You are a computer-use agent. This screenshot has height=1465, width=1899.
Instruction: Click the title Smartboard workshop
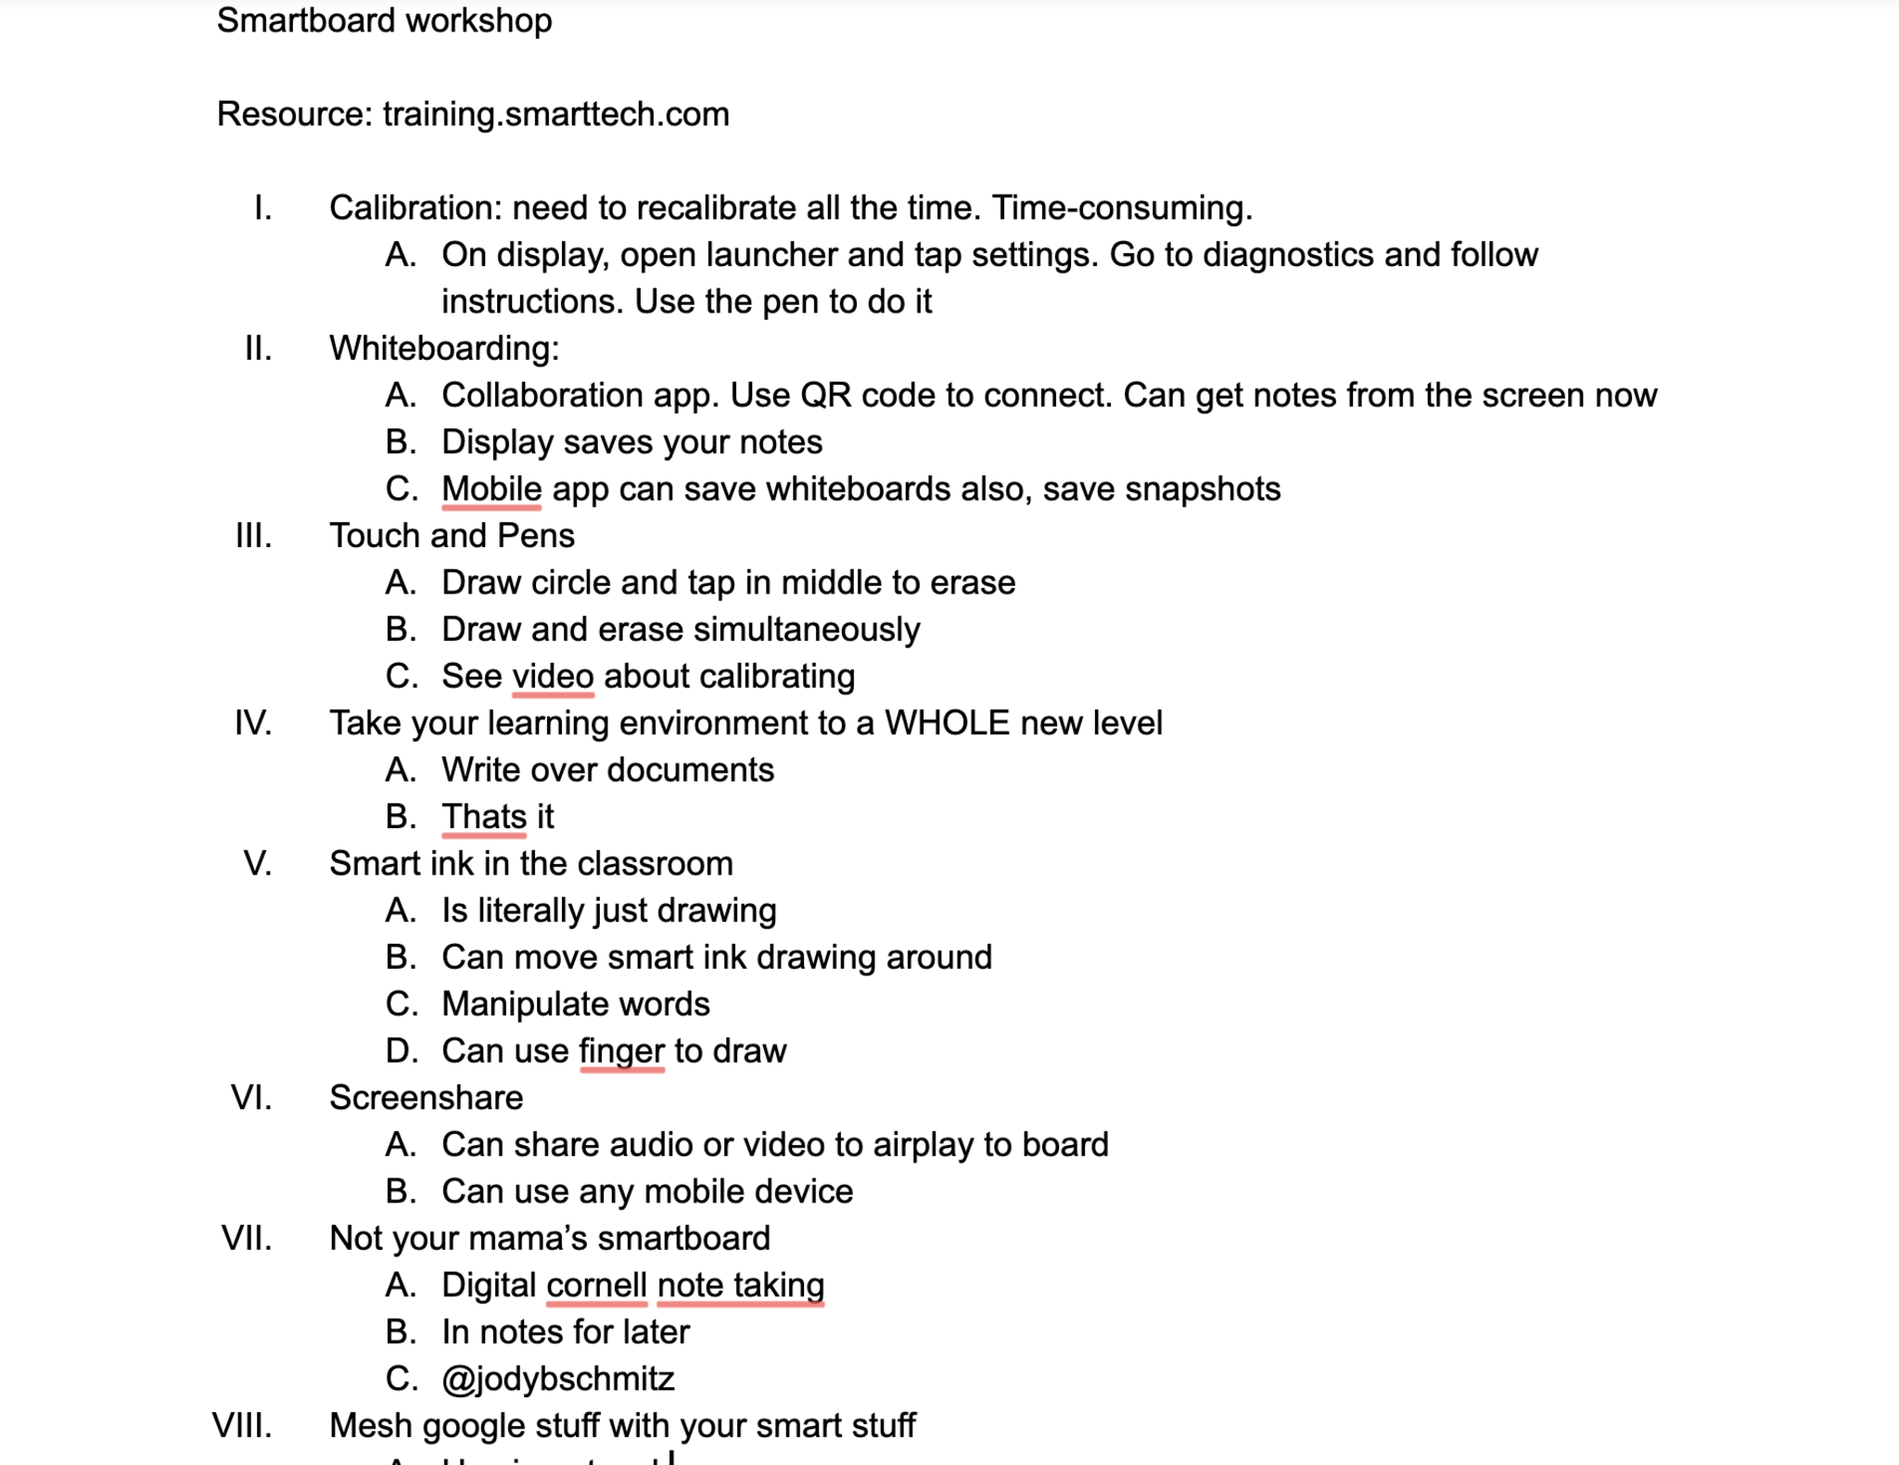point(384,20)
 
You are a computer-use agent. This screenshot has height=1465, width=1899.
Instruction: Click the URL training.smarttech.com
point(555,114)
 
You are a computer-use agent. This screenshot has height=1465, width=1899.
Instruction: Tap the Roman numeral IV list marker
point(253,723)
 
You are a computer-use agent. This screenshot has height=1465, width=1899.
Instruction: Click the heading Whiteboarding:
point(444,349)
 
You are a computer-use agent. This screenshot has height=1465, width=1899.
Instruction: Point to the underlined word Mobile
point(491,489)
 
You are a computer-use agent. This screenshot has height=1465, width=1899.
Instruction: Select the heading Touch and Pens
point(452,536)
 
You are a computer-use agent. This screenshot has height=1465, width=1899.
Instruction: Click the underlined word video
point(553,676)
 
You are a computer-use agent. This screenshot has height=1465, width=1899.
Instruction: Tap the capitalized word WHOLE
point(946,723)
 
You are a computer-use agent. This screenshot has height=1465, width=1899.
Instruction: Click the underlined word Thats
point(484,817)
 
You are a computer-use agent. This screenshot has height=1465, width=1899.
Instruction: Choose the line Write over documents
point(607,770)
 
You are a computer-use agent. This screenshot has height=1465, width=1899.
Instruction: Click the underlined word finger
point(621,1051)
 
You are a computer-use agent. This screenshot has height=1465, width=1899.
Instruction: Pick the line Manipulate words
point(575,1004)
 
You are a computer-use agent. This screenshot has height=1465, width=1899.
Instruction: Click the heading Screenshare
point(426,1098)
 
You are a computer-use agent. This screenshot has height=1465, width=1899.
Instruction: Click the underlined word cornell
point(596,1285)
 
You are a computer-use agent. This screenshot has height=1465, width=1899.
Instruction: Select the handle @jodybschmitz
point(557,1379)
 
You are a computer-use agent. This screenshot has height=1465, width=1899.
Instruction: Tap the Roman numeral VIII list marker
point(242,1425)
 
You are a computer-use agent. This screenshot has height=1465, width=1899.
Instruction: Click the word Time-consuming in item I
point(1121,208)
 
